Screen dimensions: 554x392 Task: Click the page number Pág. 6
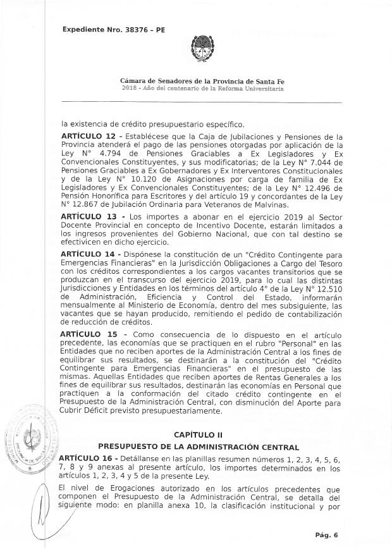327,535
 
